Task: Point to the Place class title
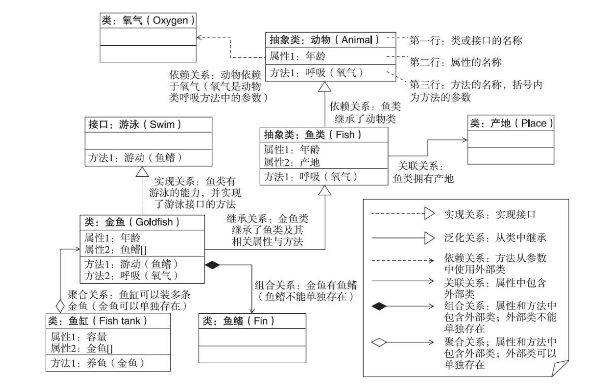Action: tap(511, 124)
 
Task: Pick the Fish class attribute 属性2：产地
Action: tap(291, 161)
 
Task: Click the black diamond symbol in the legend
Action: tap(380, 306)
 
